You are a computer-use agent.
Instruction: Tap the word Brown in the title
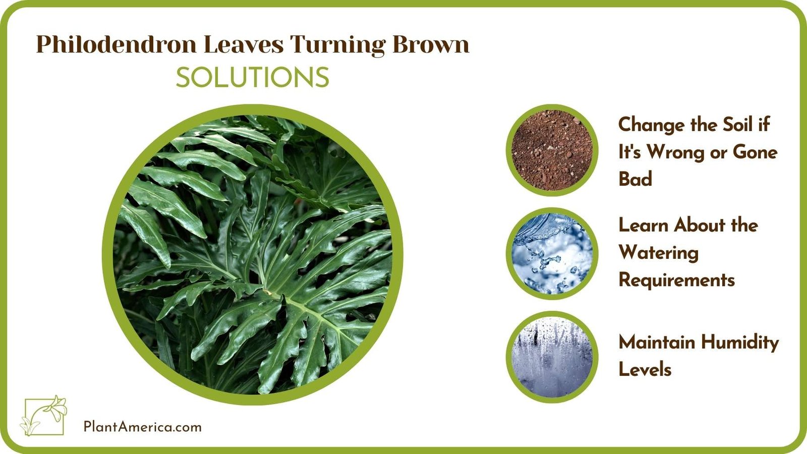pos(431,44)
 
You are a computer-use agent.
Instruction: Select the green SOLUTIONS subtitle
pos(252,78)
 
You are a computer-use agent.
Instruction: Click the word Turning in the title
pos(338,45)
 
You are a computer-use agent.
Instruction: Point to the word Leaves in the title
pos(244,44)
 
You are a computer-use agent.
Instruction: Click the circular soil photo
pos(552,150)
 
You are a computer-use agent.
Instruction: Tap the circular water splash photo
pos(552,253)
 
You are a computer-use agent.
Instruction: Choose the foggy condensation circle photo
pos(552,357)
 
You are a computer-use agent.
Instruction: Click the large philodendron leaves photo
pos(252,255)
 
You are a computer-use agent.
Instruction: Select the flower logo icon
pos(44,416)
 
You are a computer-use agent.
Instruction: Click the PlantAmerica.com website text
pos(142,427)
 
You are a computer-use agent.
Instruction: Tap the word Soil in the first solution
pos(738,125)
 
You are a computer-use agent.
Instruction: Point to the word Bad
pos(635,179)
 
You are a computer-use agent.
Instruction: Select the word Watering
pos(658,253)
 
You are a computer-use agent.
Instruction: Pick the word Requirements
pos(676,280)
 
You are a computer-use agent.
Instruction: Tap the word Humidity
pos(739,343)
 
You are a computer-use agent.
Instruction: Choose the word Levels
pos(645,370)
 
